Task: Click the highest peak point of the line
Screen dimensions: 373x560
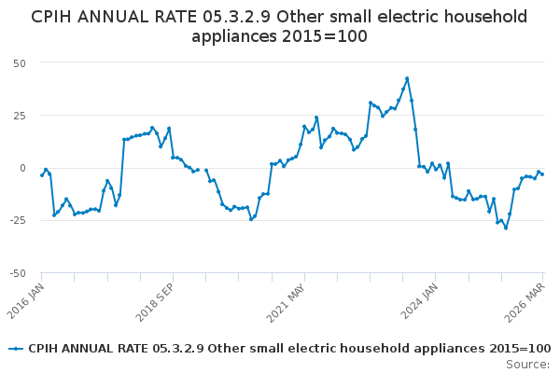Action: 407,78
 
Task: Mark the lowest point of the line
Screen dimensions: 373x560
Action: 506,228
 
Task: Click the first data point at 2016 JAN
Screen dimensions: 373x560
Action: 42,175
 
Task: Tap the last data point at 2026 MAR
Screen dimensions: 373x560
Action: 542,174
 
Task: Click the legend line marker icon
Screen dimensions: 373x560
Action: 16,349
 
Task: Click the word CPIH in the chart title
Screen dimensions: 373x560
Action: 54,17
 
